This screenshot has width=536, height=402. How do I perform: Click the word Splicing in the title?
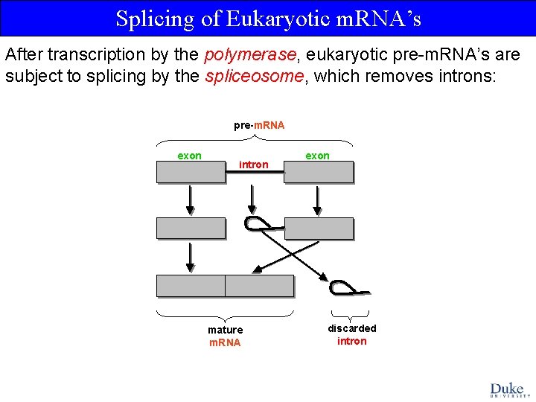(x=156, y=19)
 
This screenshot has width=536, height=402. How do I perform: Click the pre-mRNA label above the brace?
(x=259, y=125)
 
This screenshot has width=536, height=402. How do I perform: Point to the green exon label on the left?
(x=189, y=156)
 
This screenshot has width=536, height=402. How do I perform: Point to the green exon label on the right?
(x=317, y=156)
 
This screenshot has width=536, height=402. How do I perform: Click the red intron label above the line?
(x=254, y=165)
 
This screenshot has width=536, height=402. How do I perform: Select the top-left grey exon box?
(x=191, y=172)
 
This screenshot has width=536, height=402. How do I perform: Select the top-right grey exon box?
(x=319, y=172)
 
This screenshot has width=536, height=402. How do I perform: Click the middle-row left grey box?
(x=191, y=228)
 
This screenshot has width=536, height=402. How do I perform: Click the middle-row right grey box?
(x=319, y=228)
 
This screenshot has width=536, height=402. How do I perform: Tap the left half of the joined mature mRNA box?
(x=191, y=286)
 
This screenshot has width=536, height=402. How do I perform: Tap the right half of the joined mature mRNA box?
(x=259, y=286)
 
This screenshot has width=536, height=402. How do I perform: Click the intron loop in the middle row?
(x=257, y=223)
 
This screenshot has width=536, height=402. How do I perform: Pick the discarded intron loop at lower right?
(x=343, y=287)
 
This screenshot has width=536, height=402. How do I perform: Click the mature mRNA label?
(x=225, y=336)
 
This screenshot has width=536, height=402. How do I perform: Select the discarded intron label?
(x=352, y=334)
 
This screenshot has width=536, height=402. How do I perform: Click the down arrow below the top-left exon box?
(x=191, y=200)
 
